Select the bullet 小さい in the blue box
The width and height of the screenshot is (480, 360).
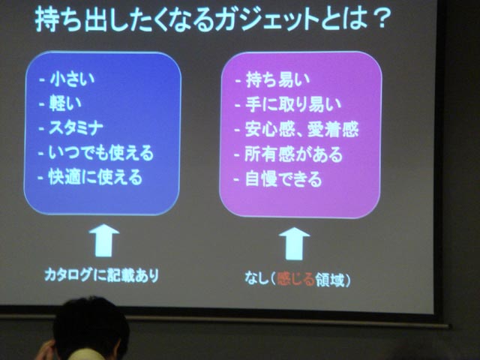73,79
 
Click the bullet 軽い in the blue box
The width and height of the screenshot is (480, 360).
65,103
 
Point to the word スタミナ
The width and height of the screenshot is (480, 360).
76,127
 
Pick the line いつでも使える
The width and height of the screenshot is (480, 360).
101,152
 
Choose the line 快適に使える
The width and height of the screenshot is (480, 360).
96,177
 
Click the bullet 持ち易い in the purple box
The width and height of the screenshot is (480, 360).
277,80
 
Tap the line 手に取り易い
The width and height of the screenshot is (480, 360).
293,105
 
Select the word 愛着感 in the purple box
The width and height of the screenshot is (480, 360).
333,130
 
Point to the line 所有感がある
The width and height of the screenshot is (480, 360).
293,154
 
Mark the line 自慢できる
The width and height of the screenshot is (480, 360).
283,179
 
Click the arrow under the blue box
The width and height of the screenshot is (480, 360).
104,240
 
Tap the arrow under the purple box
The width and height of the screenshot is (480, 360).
295,244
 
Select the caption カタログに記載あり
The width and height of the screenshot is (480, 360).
102,274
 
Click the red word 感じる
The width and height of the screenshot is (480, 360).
295,279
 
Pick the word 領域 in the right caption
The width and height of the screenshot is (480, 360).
330,280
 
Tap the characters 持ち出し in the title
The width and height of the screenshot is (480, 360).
73,20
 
